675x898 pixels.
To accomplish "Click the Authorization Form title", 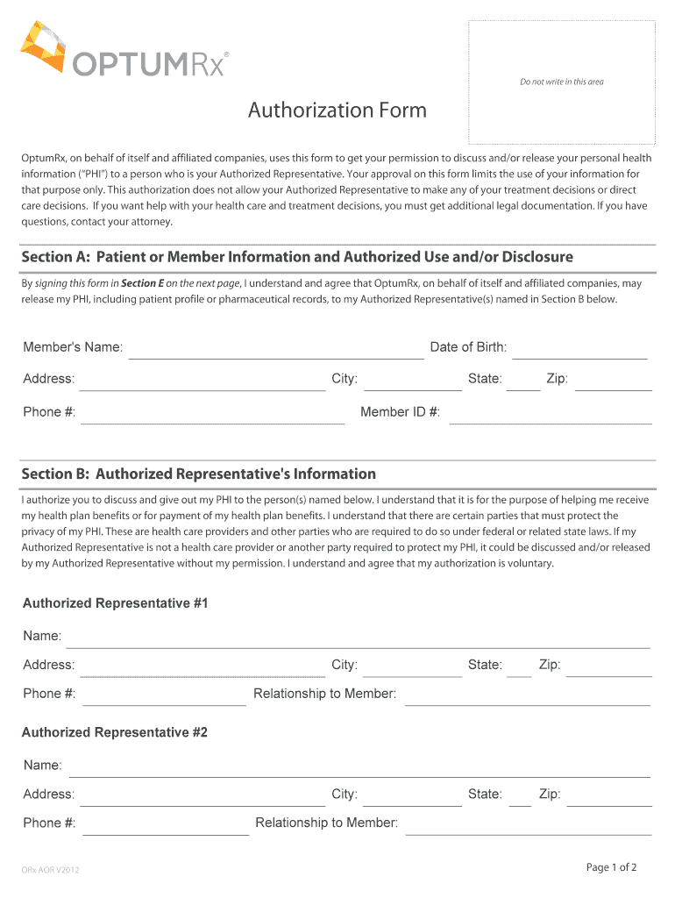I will [x=337, y=110].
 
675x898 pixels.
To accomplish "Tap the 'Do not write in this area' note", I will [x=561, y=82].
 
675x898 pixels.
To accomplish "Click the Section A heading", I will [x=297, y=257].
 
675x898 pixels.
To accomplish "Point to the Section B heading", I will [x=199, y=474].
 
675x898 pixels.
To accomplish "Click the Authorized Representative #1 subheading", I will [x=115, y=603].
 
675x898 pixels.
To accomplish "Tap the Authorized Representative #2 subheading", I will [x=115, y=732].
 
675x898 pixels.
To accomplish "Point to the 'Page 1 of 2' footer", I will [x=611, y=867].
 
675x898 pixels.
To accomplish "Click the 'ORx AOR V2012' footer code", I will [x=51, y=870].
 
